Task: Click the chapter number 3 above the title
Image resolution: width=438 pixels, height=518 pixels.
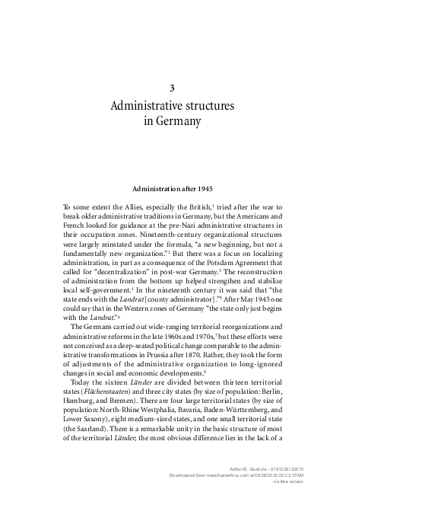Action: [173, 88]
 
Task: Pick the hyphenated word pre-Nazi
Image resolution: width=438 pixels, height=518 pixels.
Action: [186, 226]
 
